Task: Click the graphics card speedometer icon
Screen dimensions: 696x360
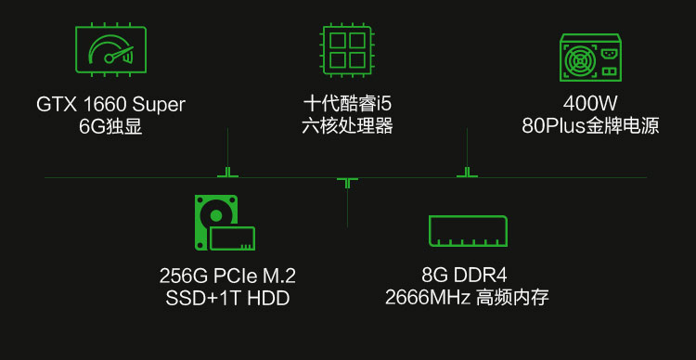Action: point(111,49)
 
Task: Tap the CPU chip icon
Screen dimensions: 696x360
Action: point(347,49)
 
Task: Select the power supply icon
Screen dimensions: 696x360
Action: point(590,58)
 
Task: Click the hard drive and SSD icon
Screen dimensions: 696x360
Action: point(225,223)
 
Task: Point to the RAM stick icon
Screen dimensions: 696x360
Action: point(468,231)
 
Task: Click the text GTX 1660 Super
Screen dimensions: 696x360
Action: point(110,105)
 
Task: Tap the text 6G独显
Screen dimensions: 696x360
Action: point(110,127)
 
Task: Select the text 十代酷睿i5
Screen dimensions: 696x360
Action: point(347,105)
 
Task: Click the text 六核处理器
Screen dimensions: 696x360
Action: point(347,127)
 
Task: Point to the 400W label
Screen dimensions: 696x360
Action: point(590,105)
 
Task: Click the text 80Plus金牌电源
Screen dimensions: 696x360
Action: point(590,127)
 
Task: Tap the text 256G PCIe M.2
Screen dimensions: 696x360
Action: point(227,276)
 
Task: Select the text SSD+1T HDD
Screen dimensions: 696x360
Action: point(227,298)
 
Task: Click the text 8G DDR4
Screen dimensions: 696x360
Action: point(464,276)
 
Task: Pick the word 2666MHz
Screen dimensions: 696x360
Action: point(428,298)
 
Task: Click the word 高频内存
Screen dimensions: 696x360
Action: point(512,298)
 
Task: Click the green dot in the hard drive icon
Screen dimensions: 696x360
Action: point(215,216)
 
